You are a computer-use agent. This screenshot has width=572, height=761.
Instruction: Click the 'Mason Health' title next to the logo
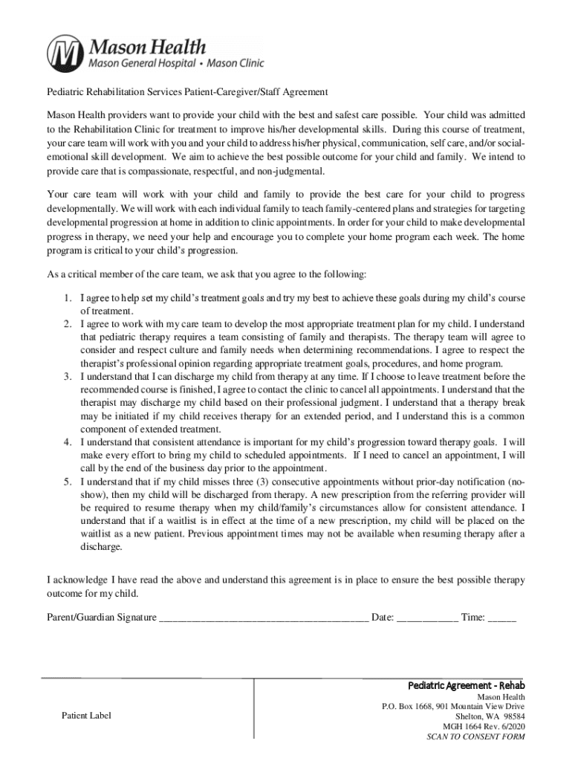pos(148,46)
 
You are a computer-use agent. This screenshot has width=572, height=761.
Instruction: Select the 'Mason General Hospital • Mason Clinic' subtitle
pos(176,64)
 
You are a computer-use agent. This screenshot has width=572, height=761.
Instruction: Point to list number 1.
pos(67,298)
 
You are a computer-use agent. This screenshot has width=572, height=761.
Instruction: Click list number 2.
pos(67,324)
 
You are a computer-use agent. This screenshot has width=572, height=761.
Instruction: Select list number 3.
pos(67,377)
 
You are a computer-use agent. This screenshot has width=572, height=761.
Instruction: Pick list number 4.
pos(67,441)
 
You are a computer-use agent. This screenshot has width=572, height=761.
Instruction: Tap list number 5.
pos(67,482)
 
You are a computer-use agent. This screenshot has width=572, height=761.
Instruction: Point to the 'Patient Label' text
pos(86,716)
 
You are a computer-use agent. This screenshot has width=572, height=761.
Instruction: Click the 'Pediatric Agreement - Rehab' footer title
pos(467,684)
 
